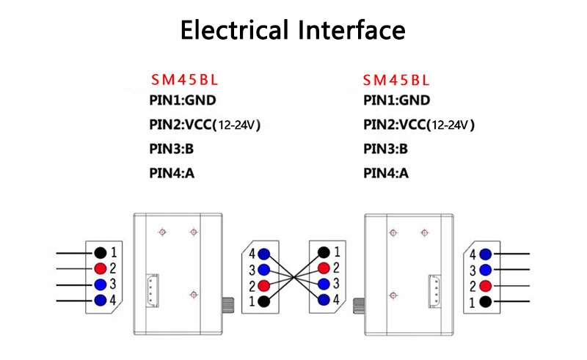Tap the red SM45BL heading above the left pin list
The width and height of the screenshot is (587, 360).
tap(184, 79)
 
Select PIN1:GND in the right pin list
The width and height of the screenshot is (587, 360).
tap(397, 100)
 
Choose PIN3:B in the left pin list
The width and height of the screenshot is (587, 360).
tap(172, 149)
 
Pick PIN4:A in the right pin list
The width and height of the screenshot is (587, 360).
tap(386, 173)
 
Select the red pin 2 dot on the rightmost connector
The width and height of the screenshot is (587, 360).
tap(485, 286)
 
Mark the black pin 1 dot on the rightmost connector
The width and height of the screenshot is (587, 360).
tap(485, 302)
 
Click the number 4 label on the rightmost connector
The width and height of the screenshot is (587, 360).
tap(473, 254)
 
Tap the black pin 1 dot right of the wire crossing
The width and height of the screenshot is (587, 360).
tap(324, 252)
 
